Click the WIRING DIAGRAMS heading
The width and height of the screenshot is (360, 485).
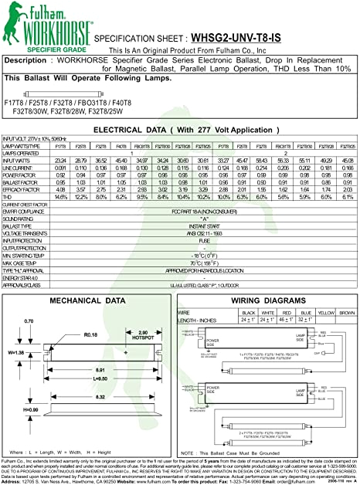pos(260,300)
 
